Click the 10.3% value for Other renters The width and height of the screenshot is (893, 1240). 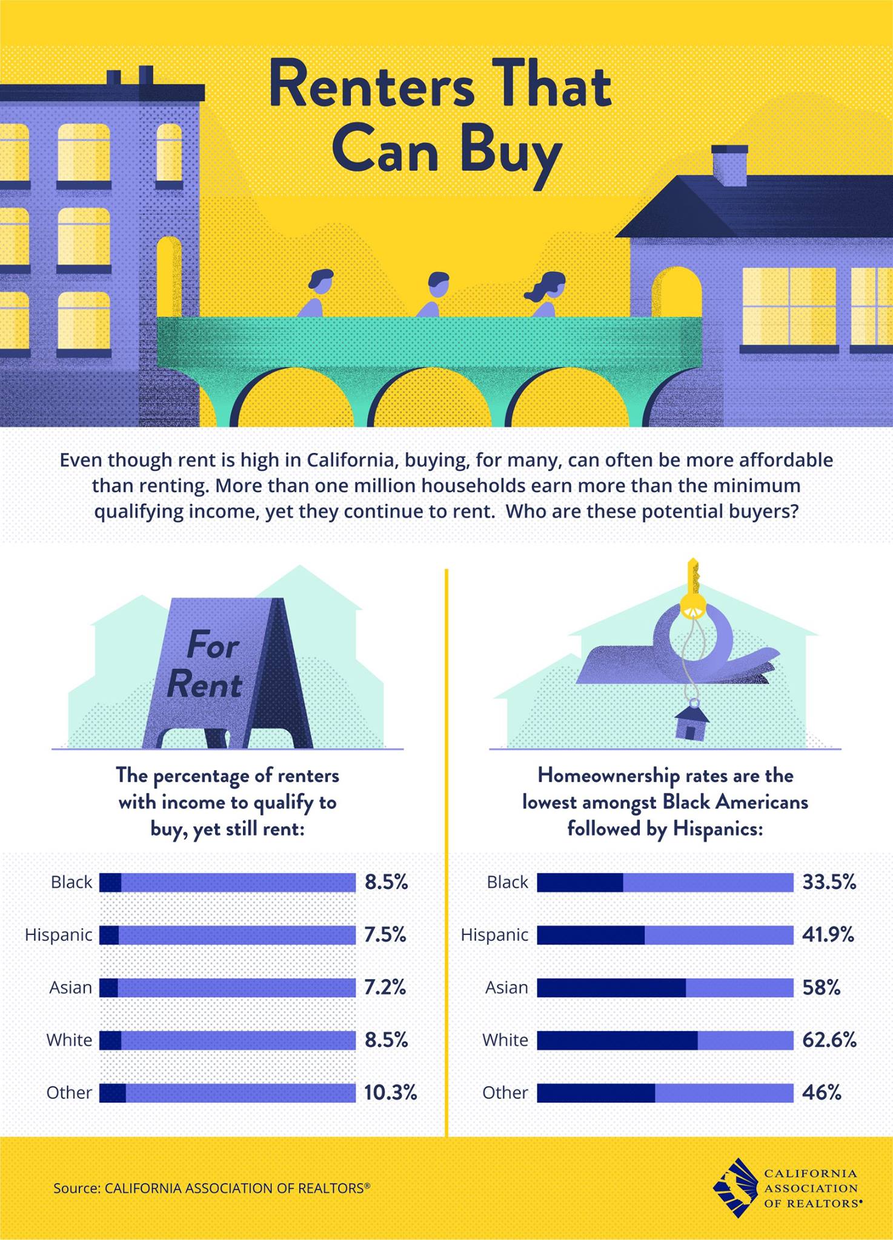[x=390, y=1093]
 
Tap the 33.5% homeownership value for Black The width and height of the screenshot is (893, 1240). [x=829, y=882]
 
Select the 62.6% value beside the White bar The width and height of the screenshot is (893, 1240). [x=829, y=1040]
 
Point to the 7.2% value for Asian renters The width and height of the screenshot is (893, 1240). [x=385, y=988]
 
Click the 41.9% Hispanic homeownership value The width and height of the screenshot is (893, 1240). [x=828, y=935]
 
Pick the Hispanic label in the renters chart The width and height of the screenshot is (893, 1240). [x=58, y=935]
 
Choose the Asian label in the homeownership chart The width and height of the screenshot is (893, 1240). [x=506, y=988]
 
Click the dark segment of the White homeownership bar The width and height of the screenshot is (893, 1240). [x=617, y=1040]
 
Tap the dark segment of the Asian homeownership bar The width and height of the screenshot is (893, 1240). [x=611, y=988]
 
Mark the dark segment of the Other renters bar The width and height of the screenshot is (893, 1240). [x=112, y=1093]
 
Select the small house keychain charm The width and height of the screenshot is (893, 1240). [x=691, y=721]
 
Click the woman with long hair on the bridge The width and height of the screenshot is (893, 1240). [x=546, y=293]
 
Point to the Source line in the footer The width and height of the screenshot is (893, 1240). [x=211, y=1188]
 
